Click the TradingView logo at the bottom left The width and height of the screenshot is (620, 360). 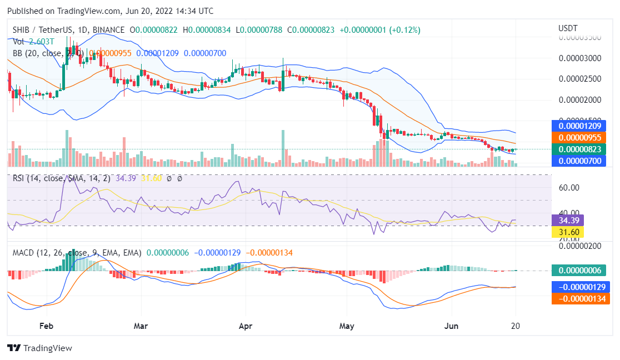pyautogui.click(x=39, y=348)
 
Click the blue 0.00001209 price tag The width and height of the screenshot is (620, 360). pyautogui.click(x=579, y=126)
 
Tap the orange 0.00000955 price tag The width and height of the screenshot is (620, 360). pyautogui.click(x=579, y=137)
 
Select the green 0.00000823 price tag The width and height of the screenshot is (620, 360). pyautogui.click(x=579, y=149)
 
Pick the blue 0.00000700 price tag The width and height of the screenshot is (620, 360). pyautogui.click(x=579, y=161)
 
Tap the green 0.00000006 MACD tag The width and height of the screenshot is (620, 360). pyautogui.click(x=579, y=271)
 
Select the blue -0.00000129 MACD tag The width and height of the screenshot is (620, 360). pyautogui.click(x=579, y=287)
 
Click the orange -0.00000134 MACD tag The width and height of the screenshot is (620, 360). pyautogui.click(x=579, y=299)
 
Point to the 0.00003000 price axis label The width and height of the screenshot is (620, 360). pyautogui.click(x=579, y=58)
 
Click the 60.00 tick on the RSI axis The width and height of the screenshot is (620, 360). pyautogui.click(x=569, y=188)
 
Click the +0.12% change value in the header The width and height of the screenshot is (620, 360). pyautogui.click(x=406, y=29)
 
